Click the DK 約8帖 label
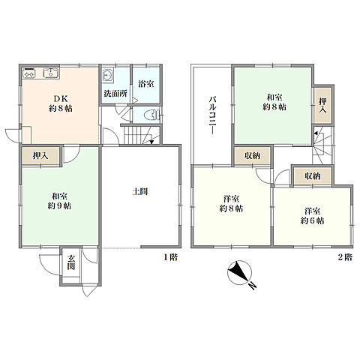[61, 103]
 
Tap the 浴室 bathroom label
[146, 84]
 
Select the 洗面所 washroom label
[115, 94]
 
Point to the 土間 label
[140, 192]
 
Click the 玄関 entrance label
[71, 262]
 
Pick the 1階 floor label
[171, 257]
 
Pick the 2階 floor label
[345, 257]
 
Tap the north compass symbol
[239, 273]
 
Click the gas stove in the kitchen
[29, 73]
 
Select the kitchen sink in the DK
[51, 73]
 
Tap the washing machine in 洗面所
[108, 75]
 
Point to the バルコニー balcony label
[211, 115]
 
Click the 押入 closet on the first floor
[40, 156]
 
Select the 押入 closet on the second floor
[322, 105]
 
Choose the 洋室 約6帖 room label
[313, 216]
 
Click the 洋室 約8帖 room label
[231, 204]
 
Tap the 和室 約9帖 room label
[59, 201]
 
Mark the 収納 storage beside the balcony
[253, 156]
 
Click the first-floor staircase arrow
[151, 142]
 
